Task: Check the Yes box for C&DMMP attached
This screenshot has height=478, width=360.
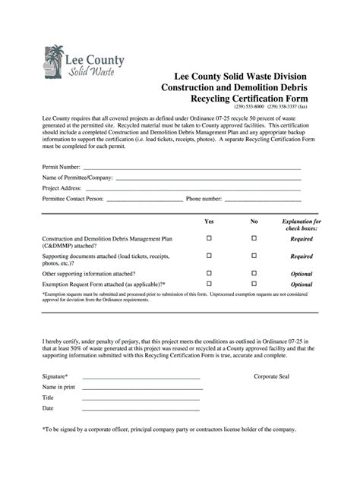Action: click(210, 238)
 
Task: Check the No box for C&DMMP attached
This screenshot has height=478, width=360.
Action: click(254, 238)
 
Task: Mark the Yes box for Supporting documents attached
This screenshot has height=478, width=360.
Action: click(210, 256)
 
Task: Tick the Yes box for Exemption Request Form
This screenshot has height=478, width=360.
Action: click(210, 284)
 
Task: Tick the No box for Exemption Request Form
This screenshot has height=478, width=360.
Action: click(254, 284)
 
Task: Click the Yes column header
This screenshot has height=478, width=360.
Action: click(210, 222)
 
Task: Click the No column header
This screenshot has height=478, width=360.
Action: click(254, 222)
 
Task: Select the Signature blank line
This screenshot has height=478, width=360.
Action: click(141, 377)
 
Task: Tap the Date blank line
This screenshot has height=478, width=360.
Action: click(141, 409)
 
